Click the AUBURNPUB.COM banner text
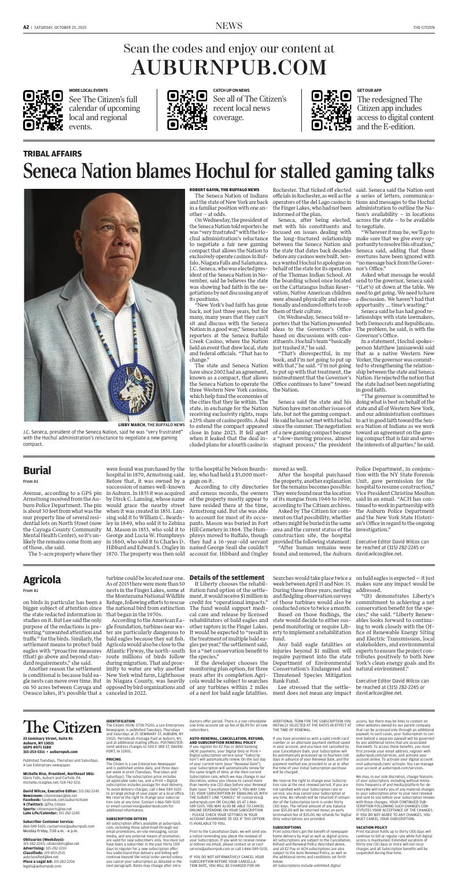pos(228,68)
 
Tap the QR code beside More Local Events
pos(43,110)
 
